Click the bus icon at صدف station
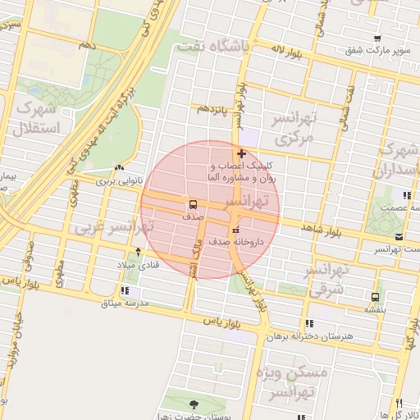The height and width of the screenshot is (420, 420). tap(193, 204)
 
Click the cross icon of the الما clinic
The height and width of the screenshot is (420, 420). tap(240, 153)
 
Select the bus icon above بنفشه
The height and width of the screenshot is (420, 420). tap(375, 297)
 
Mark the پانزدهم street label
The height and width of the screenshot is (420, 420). tap(208, 108)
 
